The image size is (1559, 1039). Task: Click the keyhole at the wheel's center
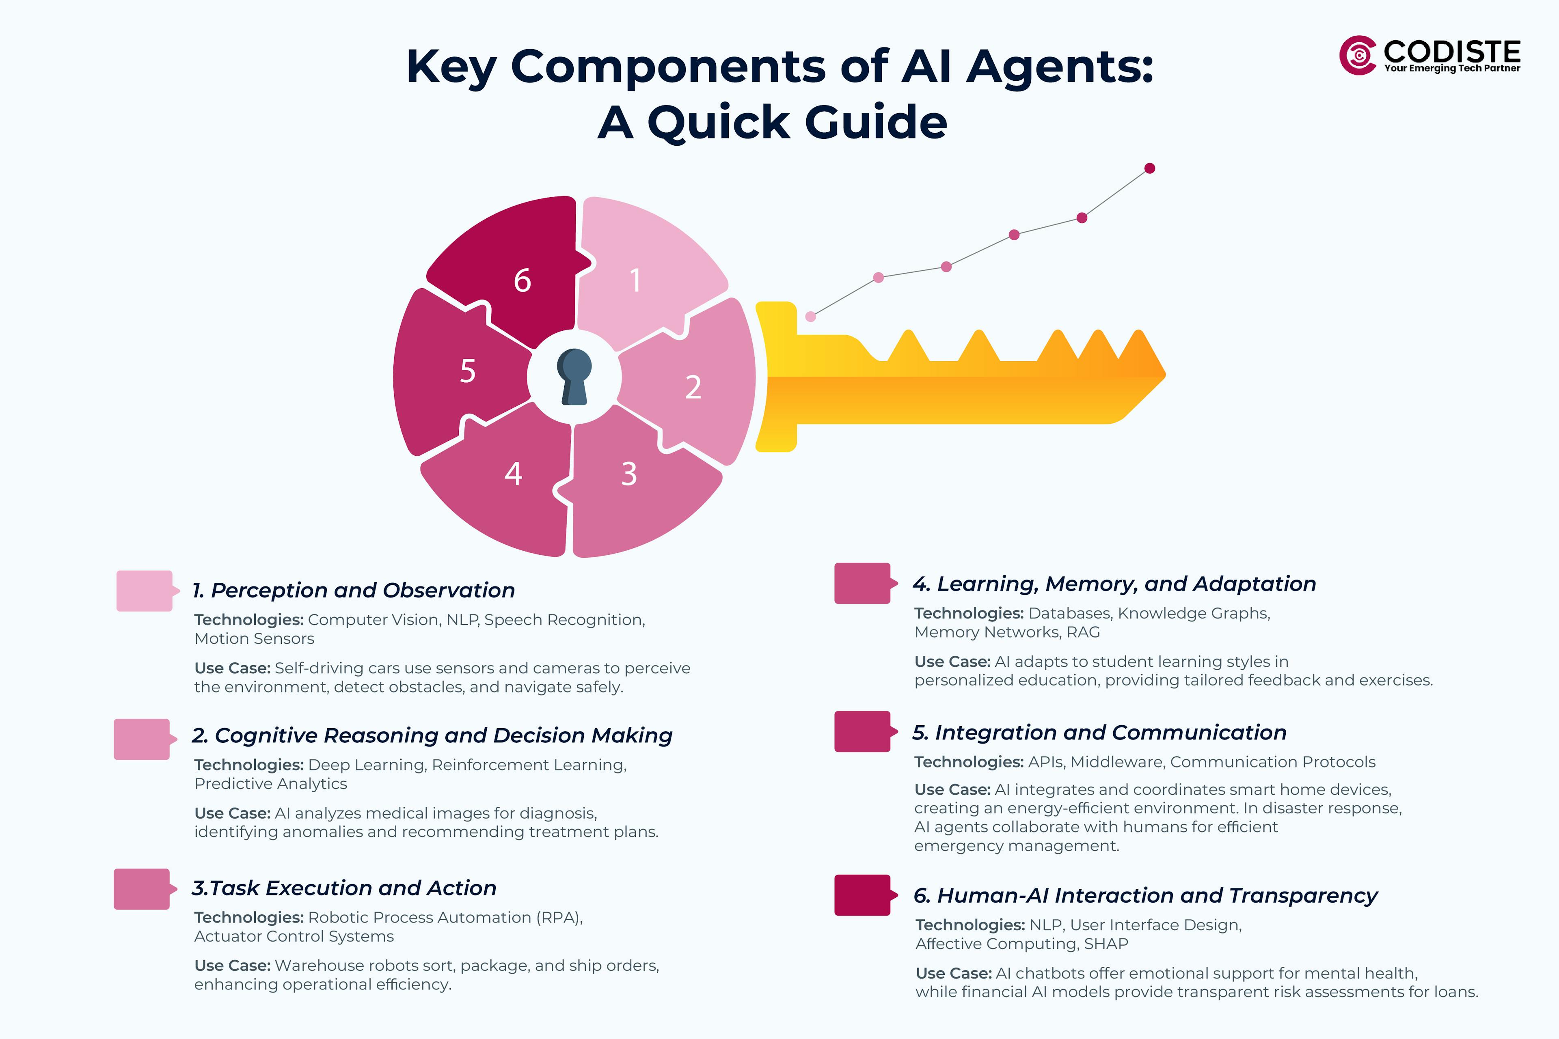coord(574,376)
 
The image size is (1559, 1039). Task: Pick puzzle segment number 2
coord(696,384)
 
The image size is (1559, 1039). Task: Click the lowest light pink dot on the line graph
coord(810,317)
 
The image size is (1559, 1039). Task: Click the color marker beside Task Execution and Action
coord(142,889)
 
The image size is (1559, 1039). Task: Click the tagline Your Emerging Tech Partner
coord(1452,68)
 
